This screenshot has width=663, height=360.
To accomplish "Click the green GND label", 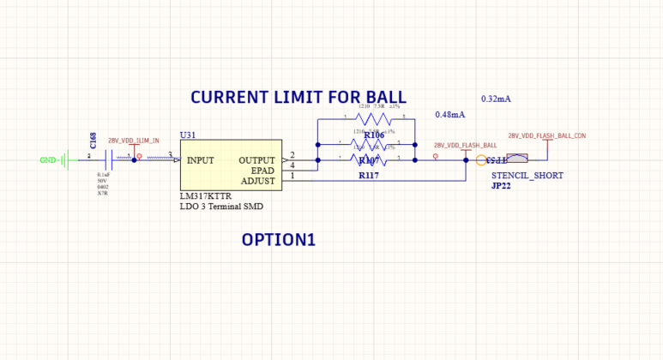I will pyautogui.click(x=48, y=159).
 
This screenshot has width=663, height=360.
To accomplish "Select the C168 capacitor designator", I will pyautogui.click(x=93, y=141).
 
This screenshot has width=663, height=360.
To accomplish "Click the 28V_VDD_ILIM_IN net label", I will pyautogui.click(x=133, y=141).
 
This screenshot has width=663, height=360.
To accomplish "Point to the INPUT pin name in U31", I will pyautogui.click(x=200, y=160).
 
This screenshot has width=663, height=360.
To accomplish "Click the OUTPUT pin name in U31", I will pyautogui.click(x=257, y=160).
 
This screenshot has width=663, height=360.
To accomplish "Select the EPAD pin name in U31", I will pyautogui.click(x=263, y=171).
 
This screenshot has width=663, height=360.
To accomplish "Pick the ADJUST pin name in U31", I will pyautogui.click(x=258, y=181).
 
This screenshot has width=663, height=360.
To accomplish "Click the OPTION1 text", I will pyautogui.click(x=278, y=240).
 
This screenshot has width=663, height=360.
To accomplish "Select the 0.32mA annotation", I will pyautogui.click(x=496, y=99).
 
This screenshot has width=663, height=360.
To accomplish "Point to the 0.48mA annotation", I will pyautogui.click(x=449, y=114).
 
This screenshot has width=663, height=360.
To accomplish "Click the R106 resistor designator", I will pyautogui.click(x=374, y=135).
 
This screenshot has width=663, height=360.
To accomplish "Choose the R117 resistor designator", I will pyautogui.click(x=369, y=176).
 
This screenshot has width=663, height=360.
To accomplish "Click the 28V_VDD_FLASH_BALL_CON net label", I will pyautogui.click(x=546, y=135).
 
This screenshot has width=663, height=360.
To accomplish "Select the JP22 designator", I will pyautogui.click(x=501, y=185).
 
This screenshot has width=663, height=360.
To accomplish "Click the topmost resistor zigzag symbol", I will pyautogui.click(x=373, y=118).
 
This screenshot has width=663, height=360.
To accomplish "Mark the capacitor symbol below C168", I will pyautogui.click(x=108, y=159).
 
